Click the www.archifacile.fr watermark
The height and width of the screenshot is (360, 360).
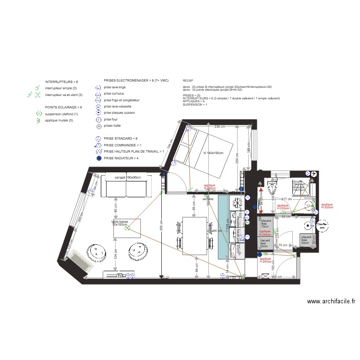coord(331,301)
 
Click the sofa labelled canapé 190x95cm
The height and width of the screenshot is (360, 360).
coord(126,186)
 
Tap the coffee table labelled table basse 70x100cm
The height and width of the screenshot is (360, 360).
coord(127,228)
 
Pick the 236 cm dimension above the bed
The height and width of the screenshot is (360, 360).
coord(219,127)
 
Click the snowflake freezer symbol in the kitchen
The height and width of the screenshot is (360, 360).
coord(237,204)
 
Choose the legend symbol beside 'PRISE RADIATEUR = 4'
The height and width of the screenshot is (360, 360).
coord(98,158)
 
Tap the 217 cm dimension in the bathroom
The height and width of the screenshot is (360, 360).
coord(287,199)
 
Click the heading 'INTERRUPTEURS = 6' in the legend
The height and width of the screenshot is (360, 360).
coord(61,82)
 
